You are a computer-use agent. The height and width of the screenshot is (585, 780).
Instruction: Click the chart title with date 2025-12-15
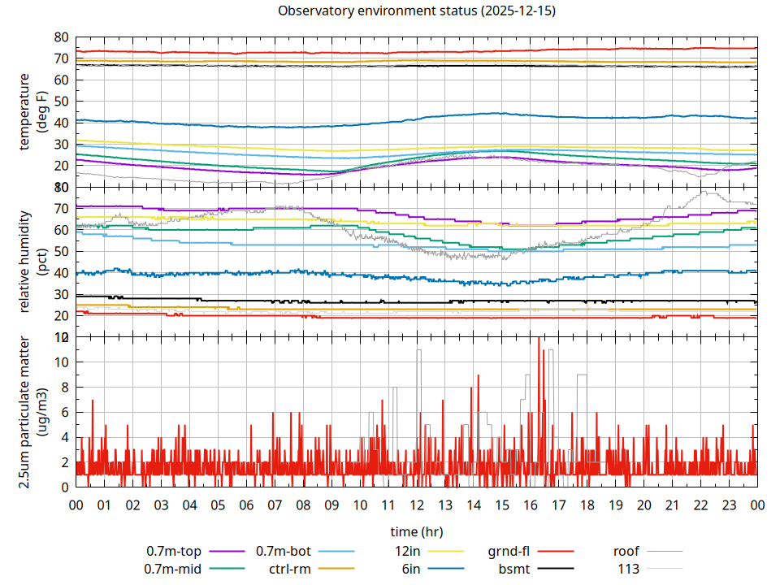point(416,11)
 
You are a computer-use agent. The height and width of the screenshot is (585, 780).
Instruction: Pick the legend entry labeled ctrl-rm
point(290,569)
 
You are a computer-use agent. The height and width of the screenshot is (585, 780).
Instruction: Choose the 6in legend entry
point(411,569)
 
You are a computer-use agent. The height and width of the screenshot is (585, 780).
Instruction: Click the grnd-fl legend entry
point(509,551)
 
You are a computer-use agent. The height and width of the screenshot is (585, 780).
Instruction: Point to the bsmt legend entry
point(515,569)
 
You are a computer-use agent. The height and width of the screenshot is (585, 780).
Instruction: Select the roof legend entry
point(626,551)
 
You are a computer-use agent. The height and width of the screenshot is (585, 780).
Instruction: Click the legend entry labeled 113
point(629,569)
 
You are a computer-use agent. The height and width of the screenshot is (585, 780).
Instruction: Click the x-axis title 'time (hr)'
point(416,531)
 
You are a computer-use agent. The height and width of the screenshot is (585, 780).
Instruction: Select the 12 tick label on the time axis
point(417,505)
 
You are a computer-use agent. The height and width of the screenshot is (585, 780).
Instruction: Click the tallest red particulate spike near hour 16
point(539,340)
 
